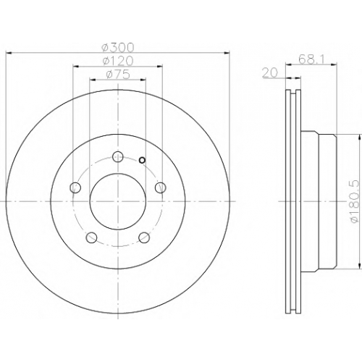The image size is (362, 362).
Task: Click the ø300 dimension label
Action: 117,47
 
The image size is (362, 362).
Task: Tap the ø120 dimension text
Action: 117,61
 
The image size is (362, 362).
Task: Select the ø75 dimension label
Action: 118,75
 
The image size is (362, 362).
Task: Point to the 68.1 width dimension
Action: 311,59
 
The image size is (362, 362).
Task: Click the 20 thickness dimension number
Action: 270,73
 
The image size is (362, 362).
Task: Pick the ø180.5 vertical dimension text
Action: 356,201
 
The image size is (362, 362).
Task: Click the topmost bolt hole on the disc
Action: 118,157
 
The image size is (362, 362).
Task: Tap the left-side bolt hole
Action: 75,188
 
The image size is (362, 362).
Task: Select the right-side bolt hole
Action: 161,188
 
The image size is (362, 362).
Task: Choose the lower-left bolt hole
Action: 91,237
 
